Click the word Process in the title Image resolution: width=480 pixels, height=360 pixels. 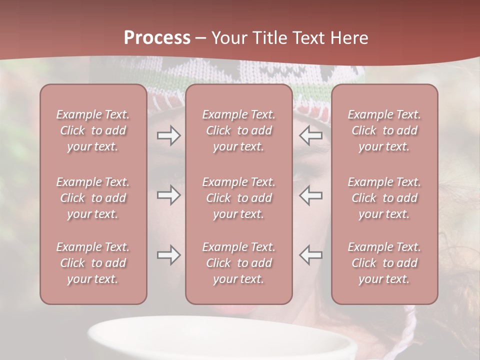[157, 38]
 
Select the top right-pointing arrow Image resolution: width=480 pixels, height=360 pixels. [168, 135]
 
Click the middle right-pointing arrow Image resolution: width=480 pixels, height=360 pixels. [168, 195]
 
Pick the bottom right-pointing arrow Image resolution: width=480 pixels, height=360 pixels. [168, 255]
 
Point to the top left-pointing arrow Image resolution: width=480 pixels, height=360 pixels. [310, 135]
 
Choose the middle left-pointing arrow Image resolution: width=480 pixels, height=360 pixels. [310, 195]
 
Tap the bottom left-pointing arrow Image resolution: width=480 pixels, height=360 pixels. [310, 255]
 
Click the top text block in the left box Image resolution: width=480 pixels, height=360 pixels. [93, 130]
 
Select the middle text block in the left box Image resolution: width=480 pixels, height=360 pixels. [93, 198]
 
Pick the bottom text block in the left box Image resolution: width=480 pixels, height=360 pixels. [93, 263]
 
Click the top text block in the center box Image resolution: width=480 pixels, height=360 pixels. [238, 130]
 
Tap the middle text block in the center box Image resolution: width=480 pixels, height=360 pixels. [238, 198]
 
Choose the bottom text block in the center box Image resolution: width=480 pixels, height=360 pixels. [238, 263]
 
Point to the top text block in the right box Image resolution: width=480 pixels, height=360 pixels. [384, 130]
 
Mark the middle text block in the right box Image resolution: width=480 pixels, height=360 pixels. [384, 198]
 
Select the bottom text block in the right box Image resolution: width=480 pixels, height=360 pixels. [384, 263]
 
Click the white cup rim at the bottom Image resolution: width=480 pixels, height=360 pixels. [220, 322]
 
